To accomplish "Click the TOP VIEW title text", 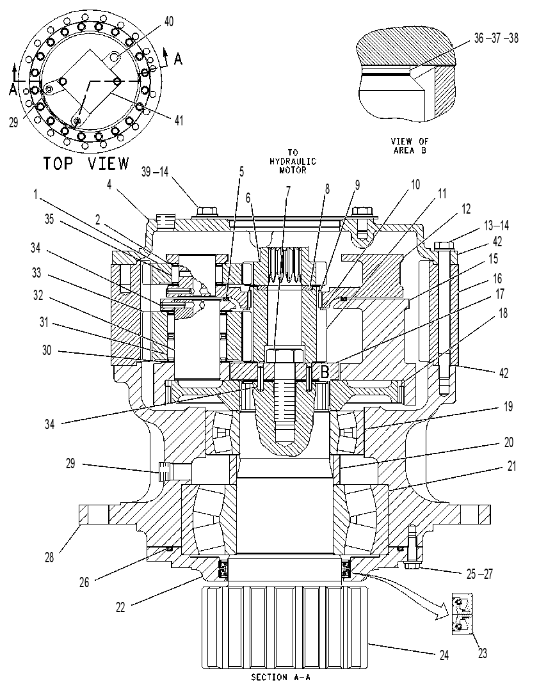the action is pyautogui.click(x=86, y=163).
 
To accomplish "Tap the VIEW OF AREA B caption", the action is pyautogui.click(x=410, y=146).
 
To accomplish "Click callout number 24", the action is pyautogui.click(x=444, y=655).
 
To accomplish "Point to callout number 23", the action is pyautogui.click(x=482, y=653).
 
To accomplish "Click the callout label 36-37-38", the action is pyautogui.click(x=496, y=38).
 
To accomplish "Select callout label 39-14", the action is pyautogui.click(x=154, y=171).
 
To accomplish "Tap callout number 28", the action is pyautogui.click(x=49, y=558).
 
